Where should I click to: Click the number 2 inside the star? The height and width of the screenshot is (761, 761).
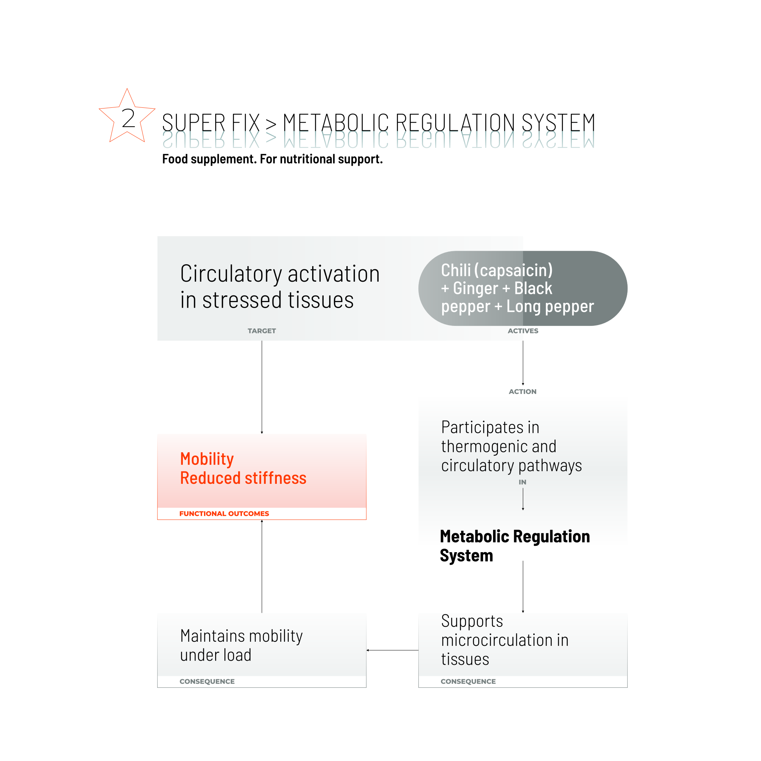(x=128, y=118)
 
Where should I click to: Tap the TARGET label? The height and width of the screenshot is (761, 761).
(x=262, y=331)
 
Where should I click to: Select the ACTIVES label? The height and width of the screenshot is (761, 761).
(x=523, y=331)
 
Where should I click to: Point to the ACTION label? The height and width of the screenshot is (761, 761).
(x=522, y=392)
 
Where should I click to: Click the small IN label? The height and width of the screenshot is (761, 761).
(x=522, y=482)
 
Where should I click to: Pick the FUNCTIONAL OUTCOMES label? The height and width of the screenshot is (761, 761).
(x=224, y=514)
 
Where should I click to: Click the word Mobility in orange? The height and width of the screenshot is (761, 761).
(x=207, y=459)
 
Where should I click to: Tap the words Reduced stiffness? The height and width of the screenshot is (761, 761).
(x=243, y=478)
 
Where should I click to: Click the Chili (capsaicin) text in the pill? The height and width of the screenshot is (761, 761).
(x=497, y=270)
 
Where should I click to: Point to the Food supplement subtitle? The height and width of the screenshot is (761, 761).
(x=272, y=159)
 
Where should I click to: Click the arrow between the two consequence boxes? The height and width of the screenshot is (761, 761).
(x=392, y=650)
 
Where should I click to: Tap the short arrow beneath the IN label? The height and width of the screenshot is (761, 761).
(x=523, y=499)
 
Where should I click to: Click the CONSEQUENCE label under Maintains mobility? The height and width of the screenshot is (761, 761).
(x=207, y=681)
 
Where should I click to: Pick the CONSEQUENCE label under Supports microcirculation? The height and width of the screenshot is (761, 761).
(x=468, y=681)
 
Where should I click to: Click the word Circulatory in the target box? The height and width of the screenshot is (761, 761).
(x=231, y=274)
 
